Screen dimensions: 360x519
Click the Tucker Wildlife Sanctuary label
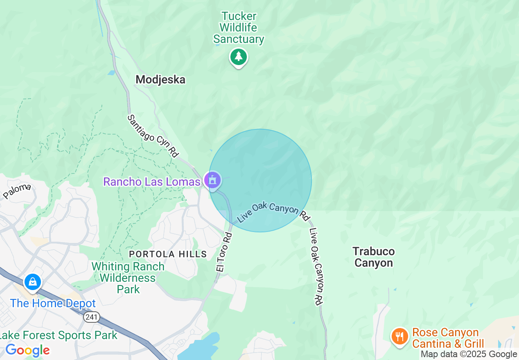click(x=239, y=28)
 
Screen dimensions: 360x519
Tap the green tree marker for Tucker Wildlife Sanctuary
click(x=239, y=56)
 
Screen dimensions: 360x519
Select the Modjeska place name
click(x=160, y=79)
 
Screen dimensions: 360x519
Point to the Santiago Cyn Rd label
click(x=153, y=136)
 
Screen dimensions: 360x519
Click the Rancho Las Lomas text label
click(x=151, y=181)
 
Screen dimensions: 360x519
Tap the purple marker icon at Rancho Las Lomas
click(x=212, y=180)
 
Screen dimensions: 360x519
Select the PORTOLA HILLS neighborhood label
click(x=168, y=254)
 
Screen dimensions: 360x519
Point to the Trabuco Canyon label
click(x=374, y=257)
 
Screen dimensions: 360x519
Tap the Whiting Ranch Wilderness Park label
click(x=128, y=278)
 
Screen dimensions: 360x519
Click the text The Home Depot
click(x=53, y=303)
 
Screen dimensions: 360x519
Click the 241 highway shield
click(x=90, y=317)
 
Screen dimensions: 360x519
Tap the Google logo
click(x=27, y=350)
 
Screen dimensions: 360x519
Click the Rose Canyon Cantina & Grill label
click(x=448, y=338)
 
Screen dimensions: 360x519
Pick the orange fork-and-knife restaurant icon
click(x=399, y=337)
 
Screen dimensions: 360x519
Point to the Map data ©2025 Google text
click(x=469, y=354)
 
